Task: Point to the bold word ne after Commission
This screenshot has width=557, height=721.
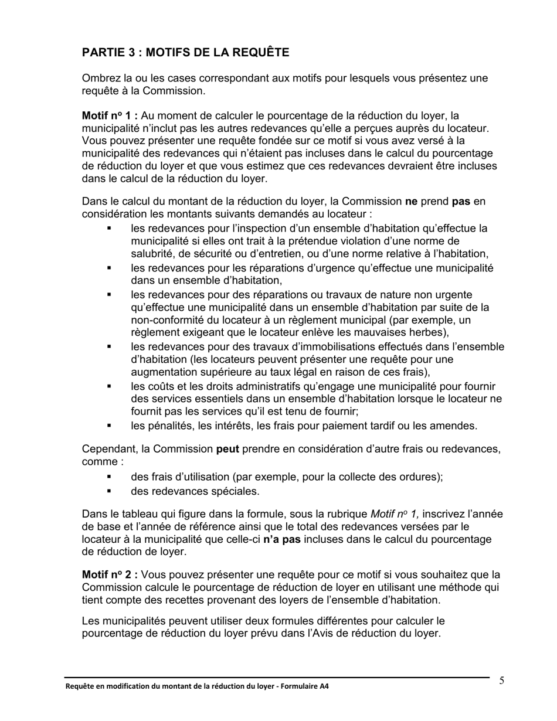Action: [x=411, y=201]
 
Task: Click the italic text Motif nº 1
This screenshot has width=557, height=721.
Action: [x=396, y=514]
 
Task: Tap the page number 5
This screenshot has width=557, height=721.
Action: [x=502, y=681]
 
